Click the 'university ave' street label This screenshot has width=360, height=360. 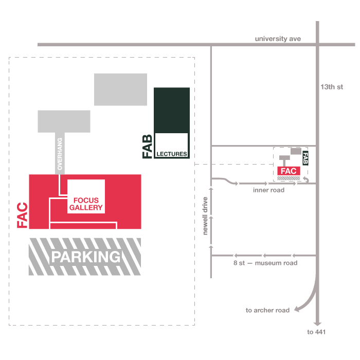click(278, 39)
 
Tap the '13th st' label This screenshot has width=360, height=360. click(331, 87)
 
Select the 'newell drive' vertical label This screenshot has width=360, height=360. click(205, 216)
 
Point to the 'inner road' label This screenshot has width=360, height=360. click(268, 190)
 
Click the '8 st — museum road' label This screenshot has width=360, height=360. click(265, 263)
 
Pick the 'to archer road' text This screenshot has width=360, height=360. click(267, 310)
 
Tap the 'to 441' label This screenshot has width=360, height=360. click(317, 332)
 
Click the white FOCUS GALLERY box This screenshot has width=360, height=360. click(86, 196)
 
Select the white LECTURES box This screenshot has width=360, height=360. click(172, 146)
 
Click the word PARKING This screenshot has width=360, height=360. click(85, 257)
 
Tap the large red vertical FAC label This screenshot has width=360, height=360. click(22, 215)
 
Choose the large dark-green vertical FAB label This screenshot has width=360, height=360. click(148, 147)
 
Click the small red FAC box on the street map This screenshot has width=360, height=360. click(289, 171)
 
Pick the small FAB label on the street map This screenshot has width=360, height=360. click(305, 158)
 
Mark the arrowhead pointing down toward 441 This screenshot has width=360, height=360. click(317, 324)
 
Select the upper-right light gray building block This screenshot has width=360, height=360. click(120, 89)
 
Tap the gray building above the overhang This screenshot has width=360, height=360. click(64, 121)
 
